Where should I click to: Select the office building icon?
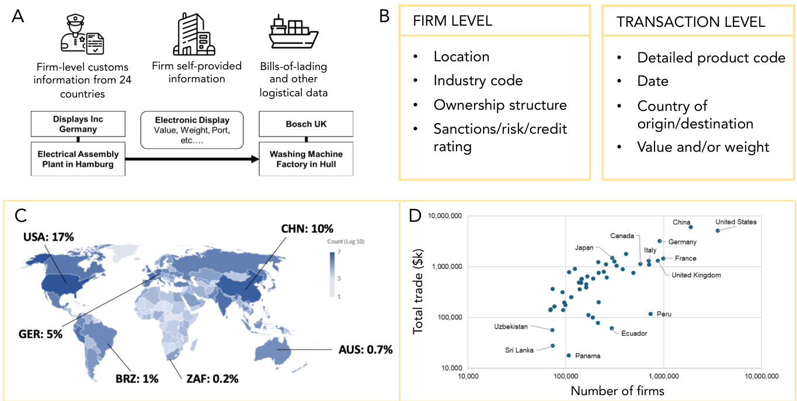click(193, 35)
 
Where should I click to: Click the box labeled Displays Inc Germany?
click(77, 124)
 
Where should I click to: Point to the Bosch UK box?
click(306, 124)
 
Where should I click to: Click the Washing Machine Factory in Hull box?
click(306, 159)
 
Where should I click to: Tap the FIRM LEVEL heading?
click(453, 22)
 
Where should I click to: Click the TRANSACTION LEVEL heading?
click(691, 22)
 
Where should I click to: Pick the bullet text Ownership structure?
click(500, 105)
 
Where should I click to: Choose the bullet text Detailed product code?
click(711, 58)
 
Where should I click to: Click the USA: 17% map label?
click(48, 238)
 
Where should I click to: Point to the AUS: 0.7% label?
click(366, 350)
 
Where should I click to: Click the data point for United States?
click(718, 231)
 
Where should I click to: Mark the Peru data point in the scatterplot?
click(650, 314)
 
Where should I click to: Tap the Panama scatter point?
click(568, 355)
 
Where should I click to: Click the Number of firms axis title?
click(617, 390)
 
